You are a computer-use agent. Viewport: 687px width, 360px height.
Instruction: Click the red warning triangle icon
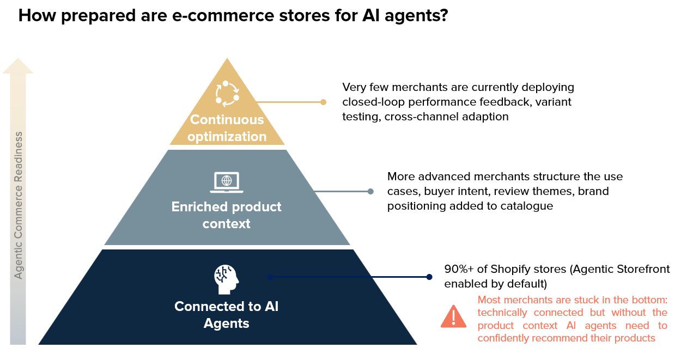[454, 316]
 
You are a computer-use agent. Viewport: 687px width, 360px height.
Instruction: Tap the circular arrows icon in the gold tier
[227, 94]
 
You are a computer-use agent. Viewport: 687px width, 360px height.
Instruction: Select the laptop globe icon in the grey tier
[227, 182]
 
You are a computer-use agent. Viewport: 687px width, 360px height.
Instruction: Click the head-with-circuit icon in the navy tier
[226, 279]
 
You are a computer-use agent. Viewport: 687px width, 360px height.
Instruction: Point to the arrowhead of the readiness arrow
[18, 58]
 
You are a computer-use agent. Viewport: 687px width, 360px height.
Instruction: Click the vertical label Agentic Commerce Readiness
[19, 205]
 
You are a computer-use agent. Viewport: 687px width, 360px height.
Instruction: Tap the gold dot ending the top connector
[323, 102]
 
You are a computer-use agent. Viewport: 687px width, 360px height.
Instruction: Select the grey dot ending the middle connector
[370, 192]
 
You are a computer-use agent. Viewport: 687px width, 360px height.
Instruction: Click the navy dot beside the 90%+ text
[429, 277]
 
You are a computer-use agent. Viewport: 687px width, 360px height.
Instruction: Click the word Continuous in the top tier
[227, 120]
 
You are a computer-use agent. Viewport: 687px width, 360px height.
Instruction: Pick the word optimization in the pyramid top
[227, 137]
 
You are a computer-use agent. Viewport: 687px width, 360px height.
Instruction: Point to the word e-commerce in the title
[223, 16]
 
